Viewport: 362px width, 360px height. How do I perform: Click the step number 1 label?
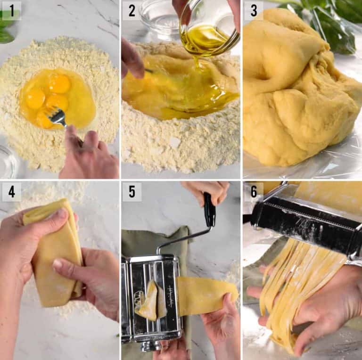pyautogui.click(x=11, y=10)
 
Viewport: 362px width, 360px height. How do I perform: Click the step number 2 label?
pyautogui.click(x=132, y=10)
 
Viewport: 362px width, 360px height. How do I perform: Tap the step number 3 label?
pyautogui.click(x=253, y=10)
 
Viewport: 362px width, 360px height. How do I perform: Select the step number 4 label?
pyautogui.click(x=11, y=192)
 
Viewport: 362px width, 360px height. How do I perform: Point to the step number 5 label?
pyautogui.click(x=132, y=192)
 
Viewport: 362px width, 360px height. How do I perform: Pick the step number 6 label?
pyautogui.click(x=253, y=192)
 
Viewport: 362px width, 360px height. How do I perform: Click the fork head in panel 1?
pyautogui.click(x=58, y=115)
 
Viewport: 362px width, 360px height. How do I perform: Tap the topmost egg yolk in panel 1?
pyautogui.click(x=59, y=83)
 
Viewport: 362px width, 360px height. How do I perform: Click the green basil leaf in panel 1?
pyautogui.click(x=6, y=28)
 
